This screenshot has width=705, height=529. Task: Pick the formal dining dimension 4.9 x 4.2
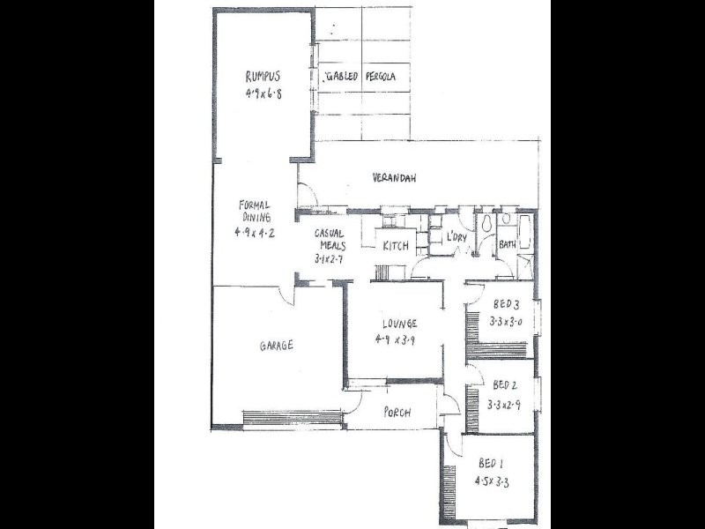(x=256, y=233)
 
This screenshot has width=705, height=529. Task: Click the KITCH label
(x=395, y=246)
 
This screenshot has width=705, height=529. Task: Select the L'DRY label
(x=456, y=237)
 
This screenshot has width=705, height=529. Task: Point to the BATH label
(x=507, y=244)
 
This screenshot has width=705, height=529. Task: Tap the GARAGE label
(x=276, y=346)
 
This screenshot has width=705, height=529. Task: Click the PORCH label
(x=399, y=413)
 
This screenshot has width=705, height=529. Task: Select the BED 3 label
(x=508, y=305)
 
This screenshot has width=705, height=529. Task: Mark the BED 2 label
(x=506, y=384)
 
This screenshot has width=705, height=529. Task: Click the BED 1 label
(x=491, y=464)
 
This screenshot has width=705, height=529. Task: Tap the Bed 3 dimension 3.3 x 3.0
(x=507, y=322)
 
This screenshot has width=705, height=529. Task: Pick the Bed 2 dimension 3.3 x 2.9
(x=506, y=405)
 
